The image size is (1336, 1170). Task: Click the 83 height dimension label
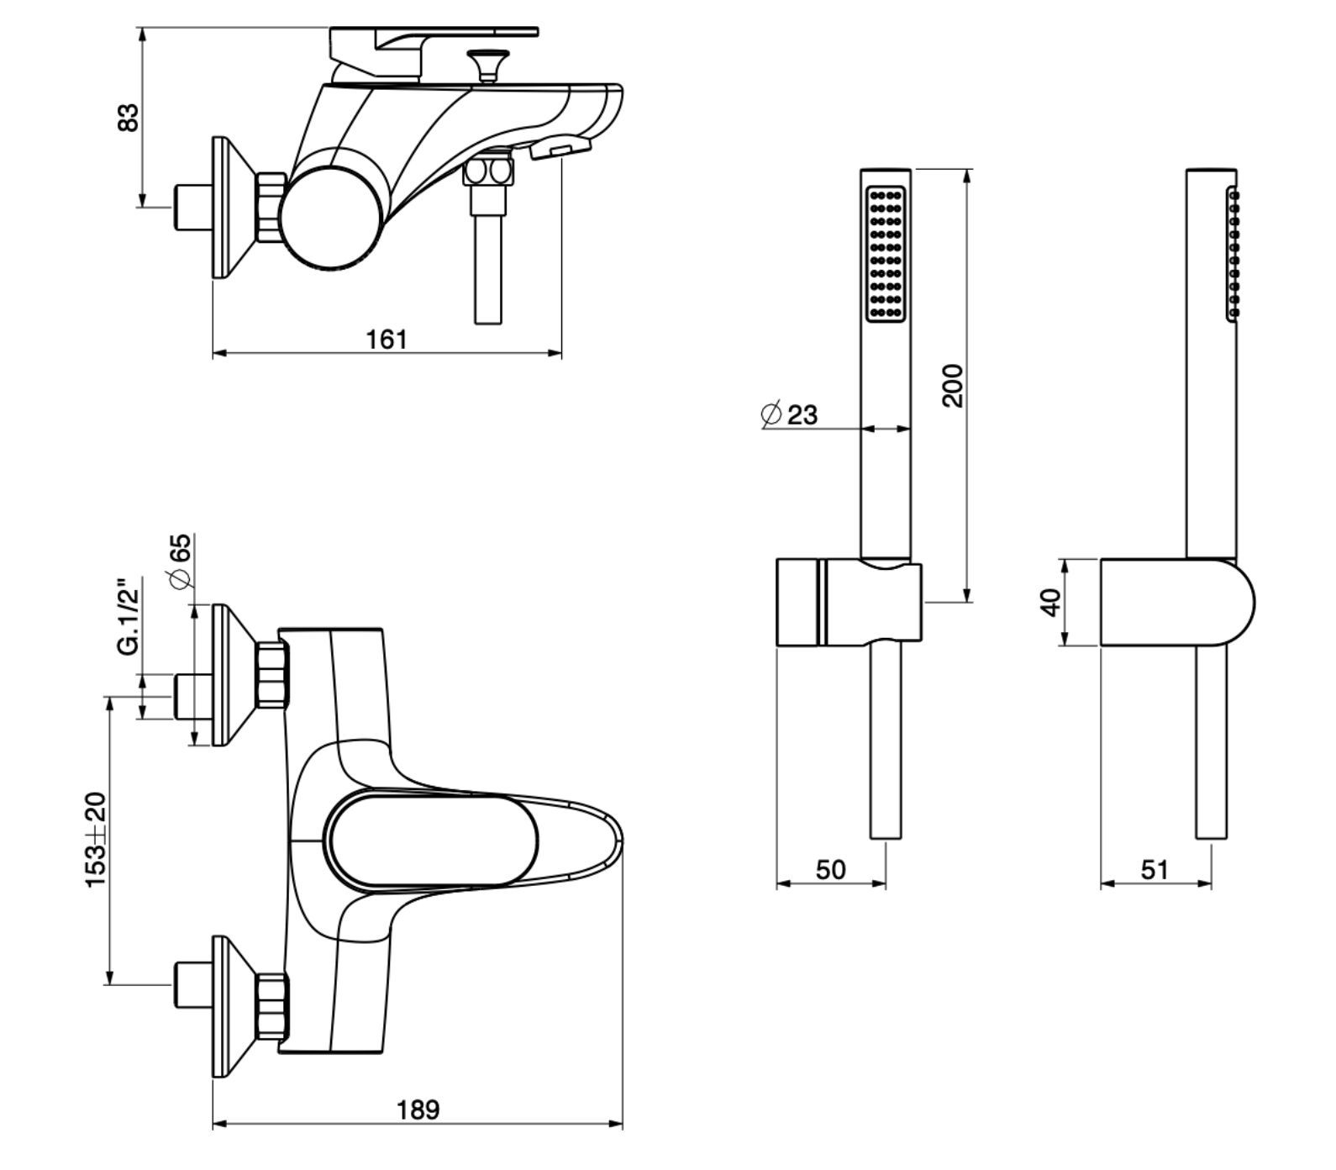tap(128, 117)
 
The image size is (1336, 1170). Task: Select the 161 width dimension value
tap(387, 340)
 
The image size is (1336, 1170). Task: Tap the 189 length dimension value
tap(418, 1109)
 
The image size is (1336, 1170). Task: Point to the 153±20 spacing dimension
tap(96, 839)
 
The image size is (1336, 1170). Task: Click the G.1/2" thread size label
tap(128, 615)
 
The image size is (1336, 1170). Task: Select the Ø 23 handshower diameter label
tap(789, 414)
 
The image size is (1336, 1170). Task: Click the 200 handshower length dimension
tap(952, 385)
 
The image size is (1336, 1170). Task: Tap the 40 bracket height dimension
tap(1050, 602)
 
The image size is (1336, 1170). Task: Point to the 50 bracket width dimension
tap(830, 869)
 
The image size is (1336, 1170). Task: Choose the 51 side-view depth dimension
tap(1155, 869)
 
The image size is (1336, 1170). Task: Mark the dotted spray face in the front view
tap(886, 252)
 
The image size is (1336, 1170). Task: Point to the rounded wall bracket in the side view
tap(1176, 602)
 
